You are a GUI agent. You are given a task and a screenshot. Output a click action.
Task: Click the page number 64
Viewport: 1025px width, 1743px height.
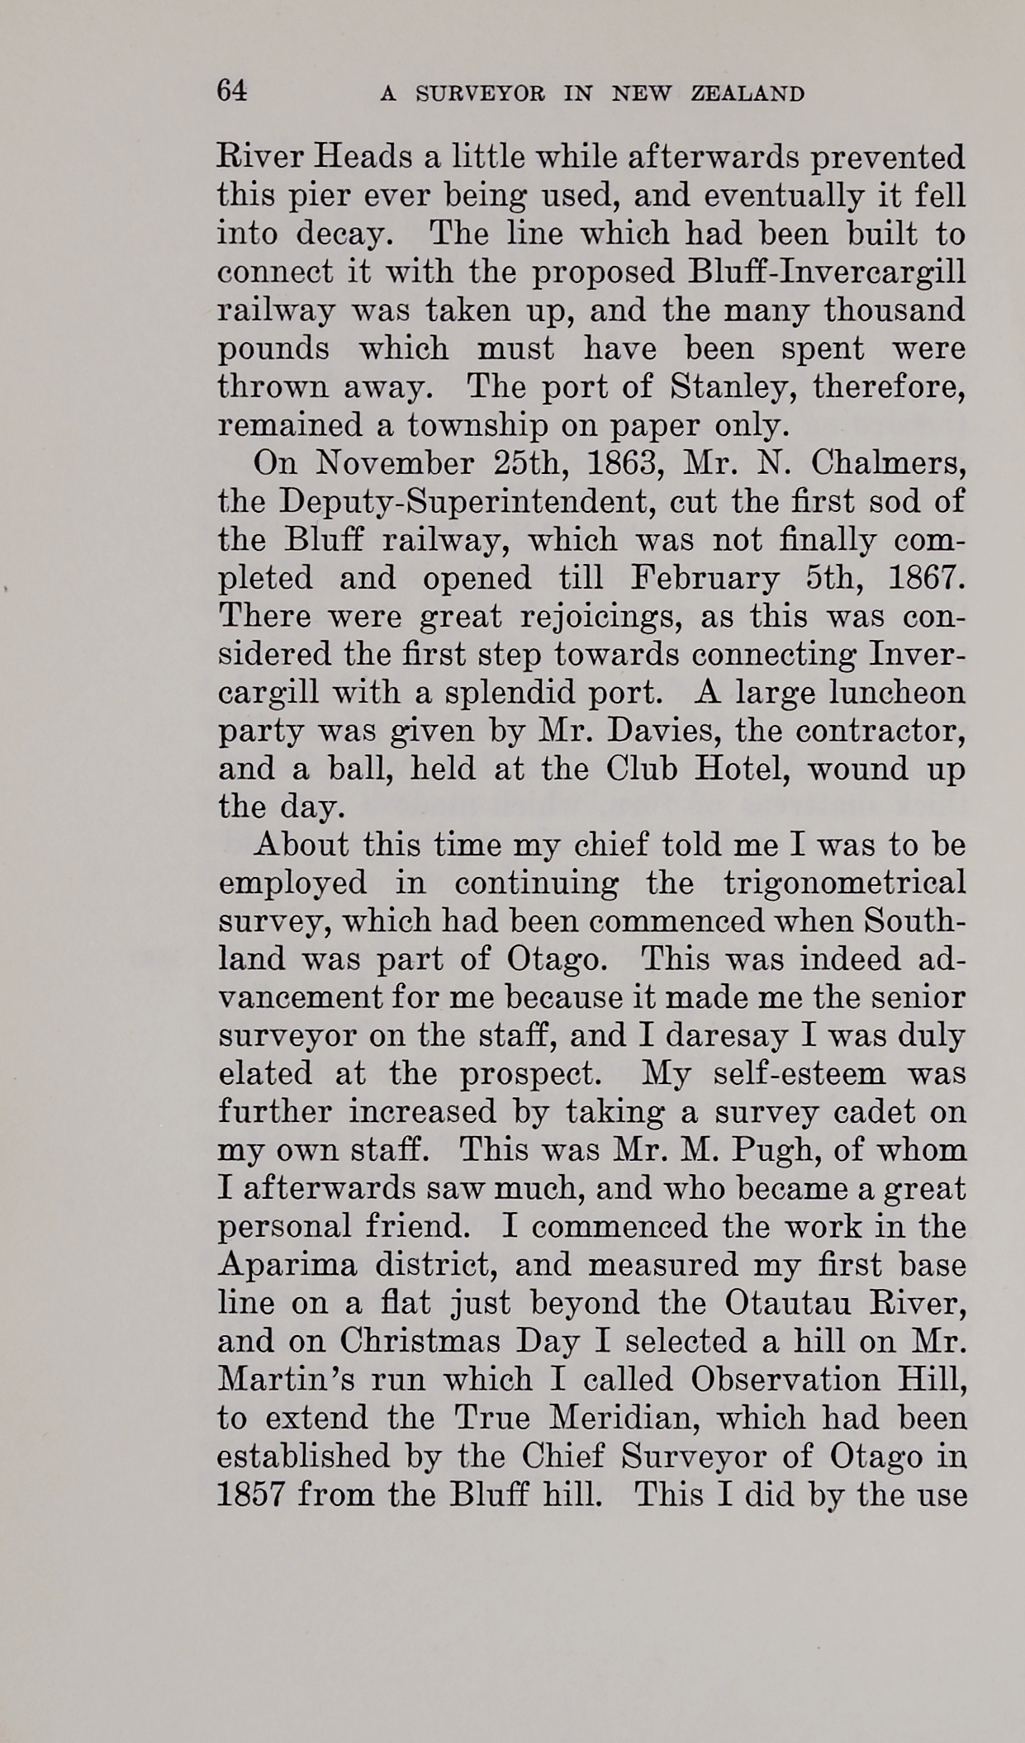[231, 90]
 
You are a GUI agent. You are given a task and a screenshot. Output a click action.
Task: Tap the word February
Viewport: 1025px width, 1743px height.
[705, 578]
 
